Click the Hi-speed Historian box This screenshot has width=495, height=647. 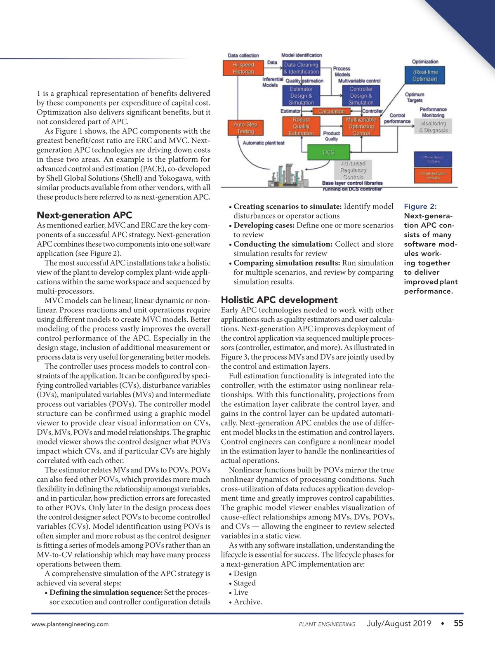[x=243, y=68]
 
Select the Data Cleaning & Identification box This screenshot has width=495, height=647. [x=301, y=68]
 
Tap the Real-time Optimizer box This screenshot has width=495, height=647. [x=425, y=75]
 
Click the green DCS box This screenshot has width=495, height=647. [x=328, y=152]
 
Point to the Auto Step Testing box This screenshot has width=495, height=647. [x=245, y=128]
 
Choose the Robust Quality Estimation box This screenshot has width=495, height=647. [x=301, y=126]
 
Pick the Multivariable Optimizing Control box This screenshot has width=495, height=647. [x=361, y=126]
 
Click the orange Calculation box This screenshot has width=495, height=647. [x=331, y=111]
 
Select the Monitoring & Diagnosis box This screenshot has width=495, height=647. [x=433, y=126]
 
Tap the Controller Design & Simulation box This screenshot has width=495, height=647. [x=361, y=96]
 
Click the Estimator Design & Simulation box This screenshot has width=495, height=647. [x=301, y=96]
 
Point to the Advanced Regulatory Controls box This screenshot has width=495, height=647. [x=353, y=170]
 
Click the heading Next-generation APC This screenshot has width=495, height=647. [x=85, y=215]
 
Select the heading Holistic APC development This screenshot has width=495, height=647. [x=279, y=300]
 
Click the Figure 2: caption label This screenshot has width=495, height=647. [x=420, y=206]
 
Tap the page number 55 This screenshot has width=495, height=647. [x=458, y=623]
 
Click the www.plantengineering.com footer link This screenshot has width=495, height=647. [x=70, y=624]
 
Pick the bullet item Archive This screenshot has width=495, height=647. [x=247, y=602]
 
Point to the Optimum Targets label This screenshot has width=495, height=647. [x=415, y=97]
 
